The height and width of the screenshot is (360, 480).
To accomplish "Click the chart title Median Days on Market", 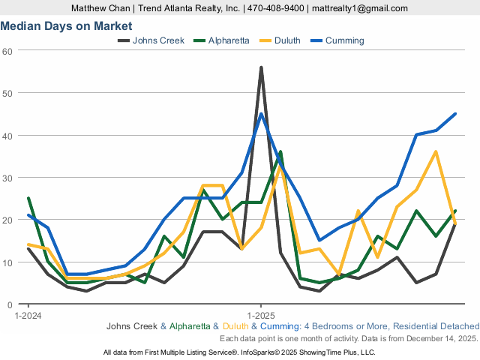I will tap(66, 25).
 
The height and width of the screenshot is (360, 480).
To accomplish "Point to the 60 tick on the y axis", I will tap(8, 50).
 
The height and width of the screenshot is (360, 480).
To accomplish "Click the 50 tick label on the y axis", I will tap(8, 93).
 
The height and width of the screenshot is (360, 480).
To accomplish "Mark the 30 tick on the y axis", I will tap(8, 178).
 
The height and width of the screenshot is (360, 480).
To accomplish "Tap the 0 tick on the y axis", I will tap(10, 304).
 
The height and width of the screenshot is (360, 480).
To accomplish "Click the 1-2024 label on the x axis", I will tap(28, 315).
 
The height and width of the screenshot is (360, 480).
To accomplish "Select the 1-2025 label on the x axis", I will tap(260, 315).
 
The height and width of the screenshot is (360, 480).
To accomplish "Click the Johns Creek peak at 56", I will tap(261, 67).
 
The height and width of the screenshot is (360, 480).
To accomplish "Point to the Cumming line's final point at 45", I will tap(455, 114).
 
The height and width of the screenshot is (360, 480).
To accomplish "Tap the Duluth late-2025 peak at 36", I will tap(436, 152).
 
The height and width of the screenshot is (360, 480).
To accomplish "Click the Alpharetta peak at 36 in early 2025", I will tap(280, 152).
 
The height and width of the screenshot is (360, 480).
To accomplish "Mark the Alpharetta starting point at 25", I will tap(28, 199).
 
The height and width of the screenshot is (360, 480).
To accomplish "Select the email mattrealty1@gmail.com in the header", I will tap(360, 8).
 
